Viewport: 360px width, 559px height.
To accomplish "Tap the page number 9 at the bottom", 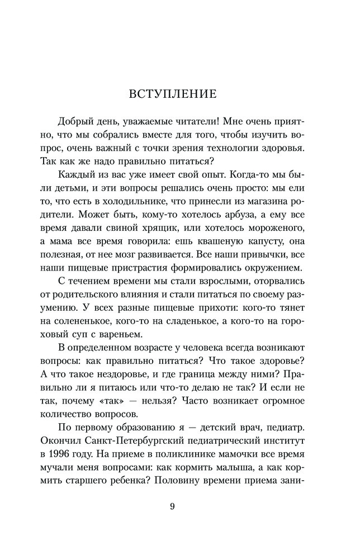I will click(x=172, y=506).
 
